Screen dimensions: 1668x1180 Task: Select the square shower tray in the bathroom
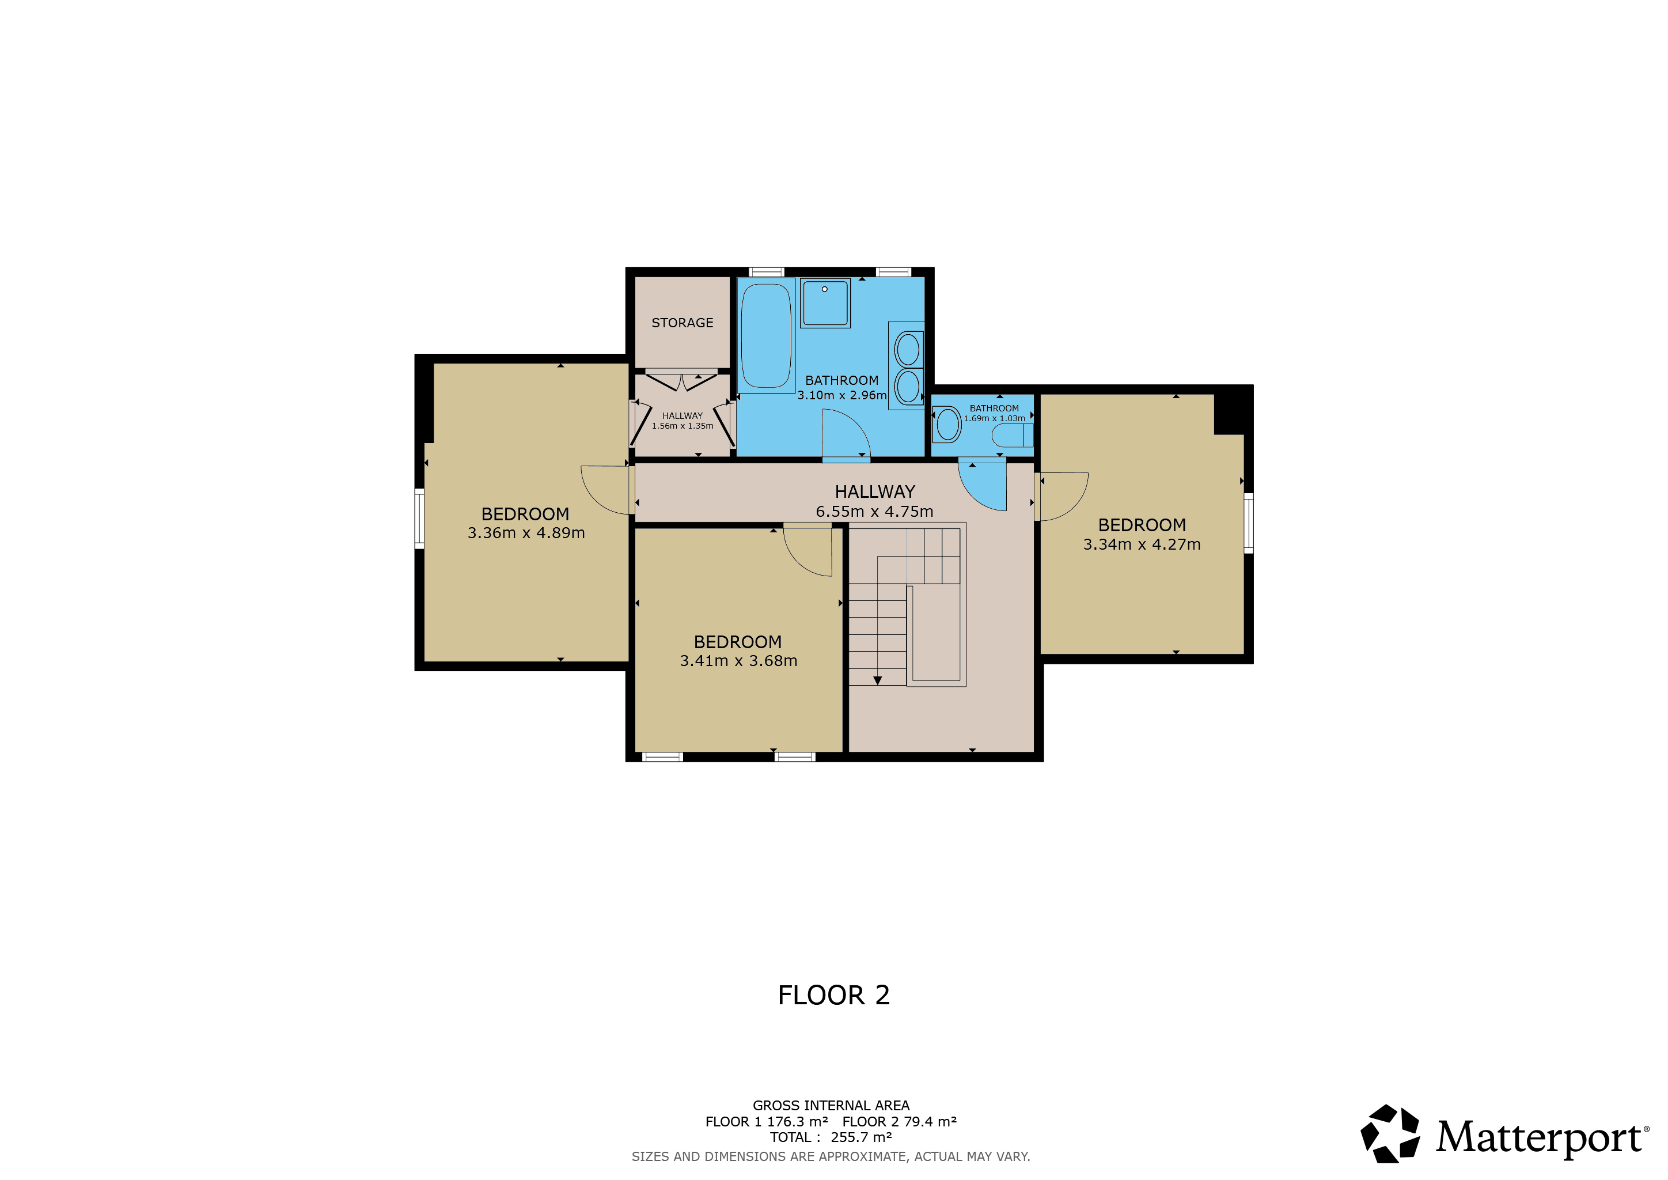(825, 302)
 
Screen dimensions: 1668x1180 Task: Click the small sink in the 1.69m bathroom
(947, 424)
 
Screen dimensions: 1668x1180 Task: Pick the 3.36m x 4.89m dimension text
(526, 532)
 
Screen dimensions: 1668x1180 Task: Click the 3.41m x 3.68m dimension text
(738, 660)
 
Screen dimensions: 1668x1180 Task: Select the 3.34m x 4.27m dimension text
(1142, 544)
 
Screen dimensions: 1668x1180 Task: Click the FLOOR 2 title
(833, 994)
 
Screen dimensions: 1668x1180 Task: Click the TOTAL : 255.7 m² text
(831, 1137)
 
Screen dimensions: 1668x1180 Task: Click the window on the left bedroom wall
(419, 519)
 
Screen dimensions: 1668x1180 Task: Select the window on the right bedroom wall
(1248, 523)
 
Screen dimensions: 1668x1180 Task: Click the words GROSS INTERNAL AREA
(831, 1105)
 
